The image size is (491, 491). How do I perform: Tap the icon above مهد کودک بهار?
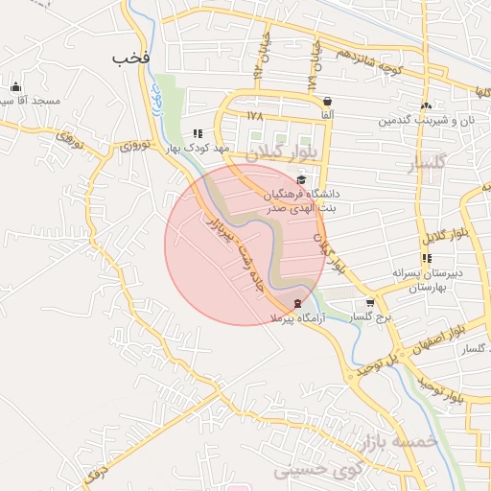pos(198,134)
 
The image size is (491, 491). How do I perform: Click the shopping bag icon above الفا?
pos(328,101)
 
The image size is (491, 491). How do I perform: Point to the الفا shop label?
pos(328,115)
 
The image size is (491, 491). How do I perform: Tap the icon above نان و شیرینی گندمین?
pos(426,106)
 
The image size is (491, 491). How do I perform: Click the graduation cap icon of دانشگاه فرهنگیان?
pos(301,179)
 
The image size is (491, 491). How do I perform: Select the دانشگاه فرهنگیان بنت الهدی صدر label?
pos(303,199)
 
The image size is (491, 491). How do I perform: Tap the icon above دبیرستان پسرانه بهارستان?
pos(427,258)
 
